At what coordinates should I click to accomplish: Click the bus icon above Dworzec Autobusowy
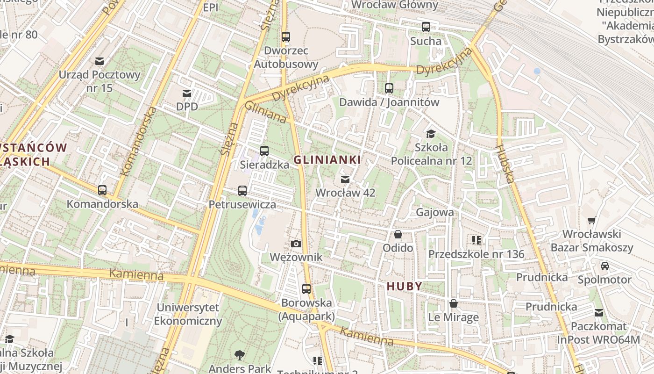pos(285,36)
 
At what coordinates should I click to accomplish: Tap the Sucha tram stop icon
pos(426,27)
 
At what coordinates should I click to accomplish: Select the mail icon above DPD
pos(187,93)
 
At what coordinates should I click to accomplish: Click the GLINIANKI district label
pos(327,160)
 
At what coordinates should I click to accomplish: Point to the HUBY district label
pos(405,286)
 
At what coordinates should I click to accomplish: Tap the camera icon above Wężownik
pos(296,244)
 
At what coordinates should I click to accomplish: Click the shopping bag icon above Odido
pos(398,234)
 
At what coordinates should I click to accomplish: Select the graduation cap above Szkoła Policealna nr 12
pos(431,134)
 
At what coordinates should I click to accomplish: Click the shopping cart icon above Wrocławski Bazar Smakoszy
pos(591,220)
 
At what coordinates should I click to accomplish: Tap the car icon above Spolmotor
pos(604,266)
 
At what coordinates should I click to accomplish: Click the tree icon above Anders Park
pos(240,355)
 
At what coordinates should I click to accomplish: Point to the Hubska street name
pos(505,164)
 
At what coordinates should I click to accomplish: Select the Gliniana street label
pos(265,113)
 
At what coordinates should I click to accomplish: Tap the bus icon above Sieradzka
pos(264,151)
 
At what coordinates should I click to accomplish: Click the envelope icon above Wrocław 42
pos(345,179)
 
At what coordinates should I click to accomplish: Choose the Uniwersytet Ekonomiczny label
pos(188,314)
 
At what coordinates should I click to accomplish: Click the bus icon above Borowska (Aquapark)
pos(306,289)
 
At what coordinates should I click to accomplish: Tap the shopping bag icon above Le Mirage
pos(453,304)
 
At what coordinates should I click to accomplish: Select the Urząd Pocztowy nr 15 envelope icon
pos(99,61)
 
